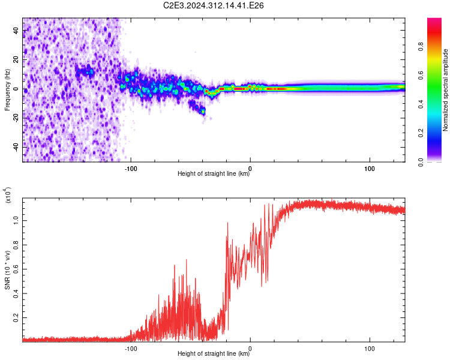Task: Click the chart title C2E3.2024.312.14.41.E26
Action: click(x=213, y=5)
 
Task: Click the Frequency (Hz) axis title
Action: click(x=7, y=90)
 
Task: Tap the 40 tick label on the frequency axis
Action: click(x=16, y=30)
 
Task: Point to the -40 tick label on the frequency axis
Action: click(x=16, y=146)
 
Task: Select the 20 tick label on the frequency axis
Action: click(x=16, y=59)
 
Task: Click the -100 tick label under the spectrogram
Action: click(x=131, y=169)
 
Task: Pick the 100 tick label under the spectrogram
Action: click(x=370, y=169)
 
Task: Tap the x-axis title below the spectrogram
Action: click(x=214, y=173)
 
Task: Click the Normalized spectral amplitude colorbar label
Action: click(x=445, y=90)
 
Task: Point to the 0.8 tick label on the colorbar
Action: click(x=421, y=47)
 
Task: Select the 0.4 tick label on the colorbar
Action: click(x=421, y=104)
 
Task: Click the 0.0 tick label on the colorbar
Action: click(x=421, y=162)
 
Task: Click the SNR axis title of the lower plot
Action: click(x=7, y=270)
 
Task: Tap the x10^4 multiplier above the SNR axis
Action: click(x=8, y=195)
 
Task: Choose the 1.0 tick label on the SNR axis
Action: click(x=16, y=220)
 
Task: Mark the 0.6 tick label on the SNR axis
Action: click(x=16, y=269)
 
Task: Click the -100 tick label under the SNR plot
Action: click(x=131, y=349)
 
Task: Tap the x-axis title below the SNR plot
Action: click(x=214, y=353)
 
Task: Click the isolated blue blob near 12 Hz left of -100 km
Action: click(x=85, y=71)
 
